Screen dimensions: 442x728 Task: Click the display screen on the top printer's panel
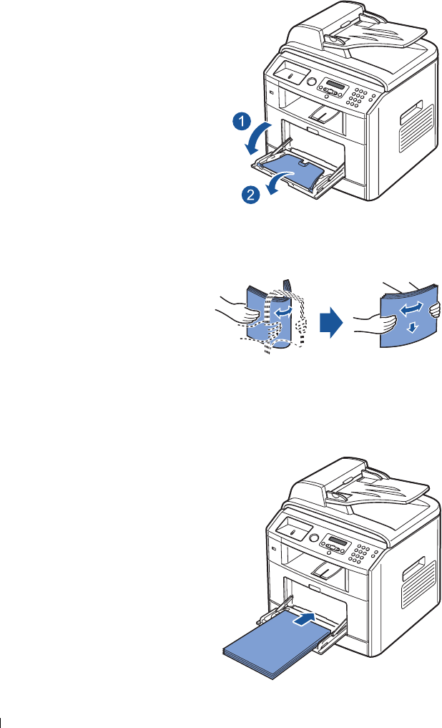[335, 85]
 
